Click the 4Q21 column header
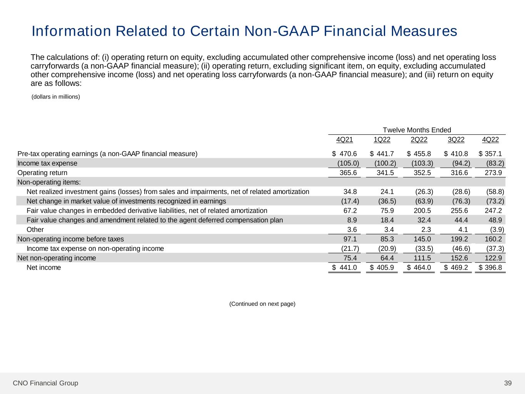[x=344, y=140]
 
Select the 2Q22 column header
[x=419, y=140]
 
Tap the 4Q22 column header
[x=490, y=140]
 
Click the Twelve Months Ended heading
[x=417, y=130]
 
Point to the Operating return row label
[x=42, y=173]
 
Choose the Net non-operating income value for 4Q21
[x=348, y=258]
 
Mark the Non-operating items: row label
[x=49, y=182]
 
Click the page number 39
[x=508, y=383]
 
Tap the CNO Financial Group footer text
[x=45, y=383]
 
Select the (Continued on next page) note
[x=262, y=304]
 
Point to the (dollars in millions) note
[x=56, y=97]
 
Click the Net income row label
[x=43, y=267]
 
